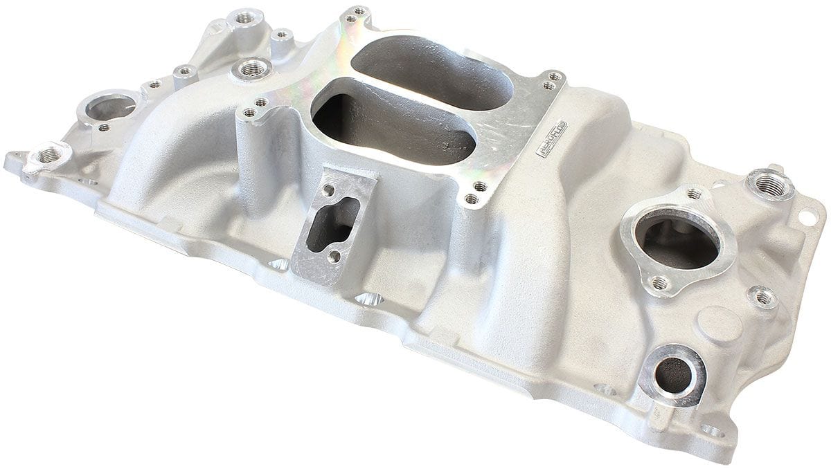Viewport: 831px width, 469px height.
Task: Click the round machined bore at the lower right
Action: (x=672, y=374)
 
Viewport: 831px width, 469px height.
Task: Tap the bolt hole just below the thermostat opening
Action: (x=659, y=282)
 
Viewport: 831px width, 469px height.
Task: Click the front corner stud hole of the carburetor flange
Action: (x=472, y=199)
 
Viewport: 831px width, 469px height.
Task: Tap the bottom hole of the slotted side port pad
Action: (x=335, y=257)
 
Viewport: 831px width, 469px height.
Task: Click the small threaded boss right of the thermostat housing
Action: (x=762, y=297)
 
